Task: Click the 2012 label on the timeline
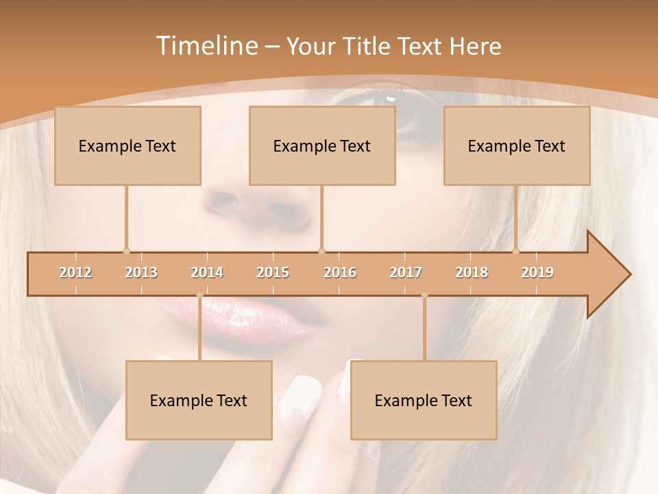coord(75,272)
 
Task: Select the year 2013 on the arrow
coord(141,272)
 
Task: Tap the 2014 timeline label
coord(207,272)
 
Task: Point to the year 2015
coord(273,272)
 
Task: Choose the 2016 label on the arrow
coord(340,272)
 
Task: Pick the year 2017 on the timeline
coord(406,272)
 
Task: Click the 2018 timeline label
coord(472,272)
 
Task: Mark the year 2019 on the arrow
coord(537,272)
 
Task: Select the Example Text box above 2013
coord(127,145)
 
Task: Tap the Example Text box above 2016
coord(322,145)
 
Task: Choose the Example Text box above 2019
coord(517,145)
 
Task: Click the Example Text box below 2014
coord(199,400)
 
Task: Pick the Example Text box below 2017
coord(424,400)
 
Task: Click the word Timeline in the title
coord(206,46)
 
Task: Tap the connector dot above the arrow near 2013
coord(126,251)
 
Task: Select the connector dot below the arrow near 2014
coord(199,296)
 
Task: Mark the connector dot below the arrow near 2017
coord(424,296)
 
